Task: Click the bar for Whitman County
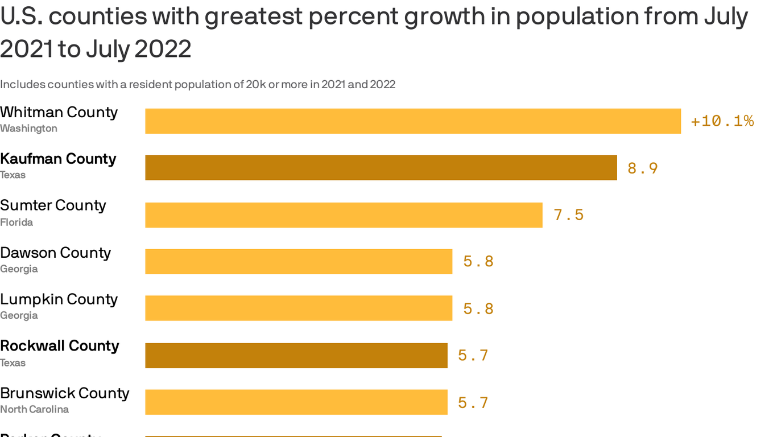click(x=413, y=121)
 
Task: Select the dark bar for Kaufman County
click(x=381, y=168)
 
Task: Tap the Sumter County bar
click(x=344, y=215)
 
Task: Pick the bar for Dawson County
click(x=299, y=262)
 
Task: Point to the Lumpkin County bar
click(x=299, y=308)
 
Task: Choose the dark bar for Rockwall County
click(x=296, y=356)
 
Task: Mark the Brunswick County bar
click(x=296, y=402)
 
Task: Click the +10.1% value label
click(x=722, y=121)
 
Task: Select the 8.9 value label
click(x=643, y=168)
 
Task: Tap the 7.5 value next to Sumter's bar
click(x=569, y=215)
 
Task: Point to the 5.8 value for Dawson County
click(x=478, y=262)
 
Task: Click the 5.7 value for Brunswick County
click(x=473, y=403)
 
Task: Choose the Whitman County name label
click(x=59, y=112)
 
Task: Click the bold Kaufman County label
click(x=58, y=159)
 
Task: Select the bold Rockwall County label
click(x=60, y=346)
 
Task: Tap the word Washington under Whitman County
click(x=28, y=129)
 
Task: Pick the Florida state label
click(x=16, y=222)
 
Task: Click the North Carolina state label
click(x=34, y=410)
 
